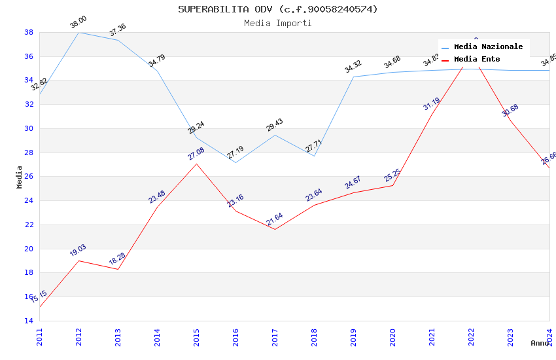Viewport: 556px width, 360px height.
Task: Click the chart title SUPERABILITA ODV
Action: (x=278, y=9)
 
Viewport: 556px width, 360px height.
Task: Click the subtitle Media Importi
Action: (x=278, y=23)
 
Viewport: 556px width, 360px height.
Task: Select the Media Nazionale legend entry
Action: (x=488, y=47)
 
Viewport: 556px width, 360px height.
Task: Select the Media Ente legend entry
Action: (x=477, y=60)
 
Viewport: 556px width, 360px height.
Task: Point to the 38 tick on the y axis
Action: (x=29, y=32)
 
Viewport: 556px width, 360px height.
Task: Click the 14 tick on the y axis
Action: (x=29, y=321)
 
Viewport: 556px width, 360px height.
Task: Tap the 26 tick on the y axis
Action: (x=29, y=177)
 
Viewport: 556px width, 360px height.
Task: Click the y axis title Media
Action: (x=20, y=177)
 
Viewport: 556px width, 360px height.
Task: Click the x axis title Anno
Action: (x=540, y=343)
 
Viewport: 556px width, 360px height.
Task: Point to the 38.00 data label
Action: (x=78, y=23)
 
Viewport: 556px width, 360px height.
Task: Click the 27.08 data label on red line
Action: (x=196, y=154)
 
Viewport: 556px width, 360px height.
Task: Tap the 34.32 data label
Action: (x=353, y=67)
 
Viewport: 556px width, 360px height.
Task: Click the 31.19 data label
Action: (x=431, y=104)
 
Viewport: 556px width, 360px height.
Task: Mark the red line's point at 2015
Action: (x=196, y=164)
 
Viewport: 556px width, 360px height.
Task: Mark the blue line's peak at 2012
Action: (x=78, y=32)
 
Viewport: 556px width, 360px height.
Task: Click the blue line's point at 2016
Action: (x=235, y=162)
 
